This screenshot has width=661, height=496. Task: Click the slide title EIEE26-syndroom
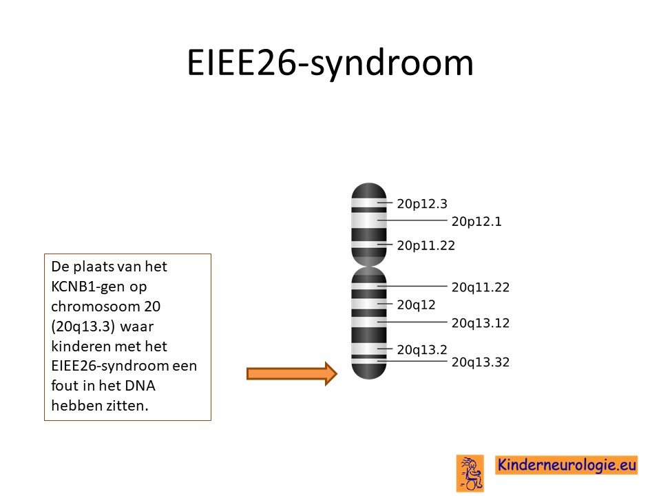(330, 63)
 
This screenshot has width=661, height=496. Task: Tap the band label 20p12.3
(422, 204)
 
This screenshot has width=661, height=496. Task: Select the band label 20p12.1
(476, 221)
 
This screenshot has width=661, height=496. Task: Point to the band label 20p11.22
(426, 245)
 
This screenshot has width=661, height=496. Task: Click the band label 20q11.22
(480, 287)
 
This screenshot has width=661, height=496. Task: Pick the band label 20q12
(416, 305)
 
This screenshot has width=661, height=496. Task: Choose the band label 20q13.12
(480, 323)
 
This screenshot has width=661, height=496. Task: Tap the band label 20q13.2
(422, 350)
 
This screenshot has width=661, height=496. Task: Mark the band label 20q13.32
(480, 362)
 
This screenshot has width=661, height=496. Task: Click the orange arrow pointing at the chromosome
(292, 373)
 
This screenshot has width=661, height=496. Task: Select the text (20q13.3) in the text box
(83, 327)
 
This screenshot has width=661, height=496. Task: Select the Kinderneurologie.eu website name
(567, 465)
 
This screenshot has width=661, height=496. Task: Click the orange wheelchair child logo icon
(470, 473)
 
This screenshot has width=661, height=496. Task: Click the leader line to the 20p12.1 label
(412, 220)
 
